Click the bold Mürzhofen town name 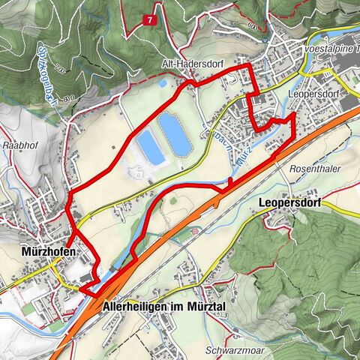(x=45, y=252)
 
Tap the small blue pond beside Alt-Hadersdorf (x=163, y=82)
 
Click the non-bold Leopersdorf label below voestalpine (x=314, y=95)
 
